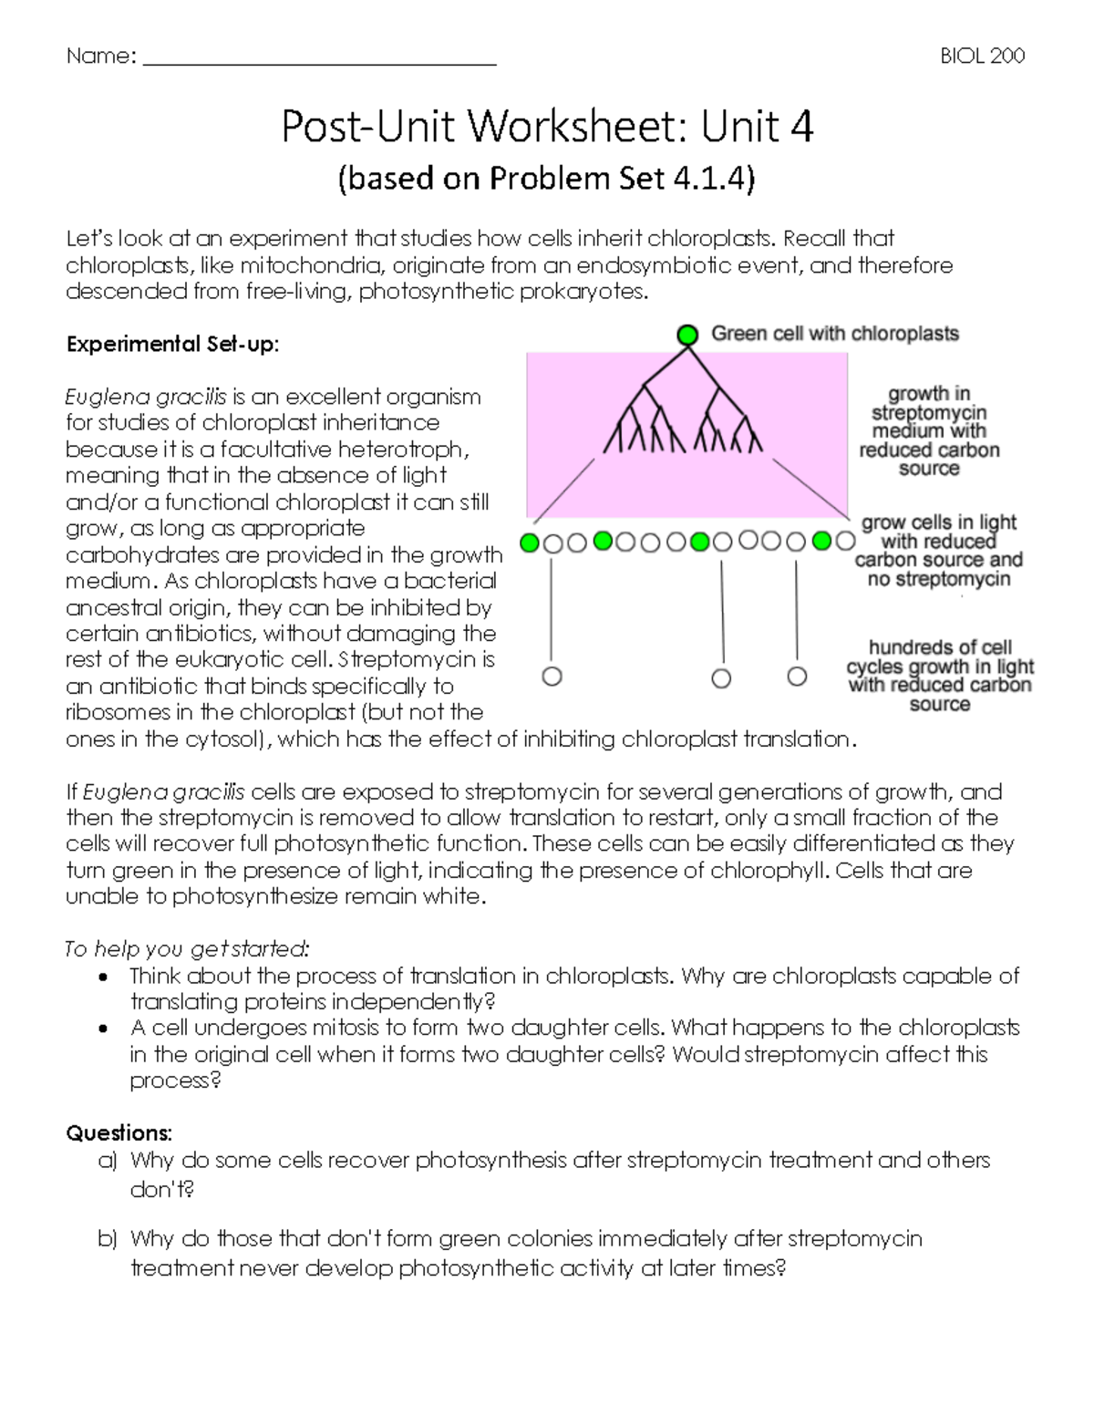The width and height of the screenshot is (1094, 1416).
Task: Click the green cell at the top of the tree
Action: point(687,335)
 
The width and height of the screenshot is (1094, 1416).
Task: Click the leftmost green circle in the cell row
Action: point(529,543)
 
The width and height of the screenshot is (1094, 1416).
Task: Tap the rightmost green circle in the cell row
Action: point(821,542)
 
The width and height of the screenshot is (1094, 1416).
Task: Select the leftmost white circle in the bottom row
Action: point(552,677)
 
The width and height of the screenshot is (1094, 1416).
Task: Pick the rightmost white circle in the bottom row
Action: point(797,677)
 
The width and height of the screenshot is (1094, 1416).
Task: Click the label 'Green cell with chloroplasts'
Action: point(834,334)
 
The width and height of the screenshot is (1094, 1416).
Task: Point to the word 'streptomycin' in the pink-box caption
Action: point(929,412)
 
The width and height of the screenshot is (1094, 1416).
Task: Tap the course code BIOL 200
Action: point(982,56)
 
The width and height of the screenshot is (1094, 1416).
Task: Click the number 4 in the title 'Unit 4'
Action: point(801,127)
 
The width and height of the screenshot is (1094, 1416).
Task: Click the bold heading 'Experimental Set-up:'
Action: point(172,344)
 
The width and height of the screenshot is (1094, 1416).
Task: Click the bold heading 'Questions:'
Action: point(119,1133)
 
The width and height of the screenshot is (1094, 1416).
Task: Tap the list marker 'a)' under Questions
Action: point(108,1161)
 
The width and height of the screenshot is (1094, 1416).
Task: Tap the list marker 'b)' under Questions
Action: point(108,1239)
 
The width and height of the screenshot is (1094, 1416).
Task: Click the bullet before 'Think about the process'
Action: point(105,977)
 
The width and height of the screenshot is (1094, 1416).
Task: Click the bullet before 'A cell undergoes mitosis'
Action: point(105,1028)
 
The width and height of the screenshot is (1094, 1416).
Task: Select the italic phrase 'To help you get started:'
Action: point(187,949)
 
